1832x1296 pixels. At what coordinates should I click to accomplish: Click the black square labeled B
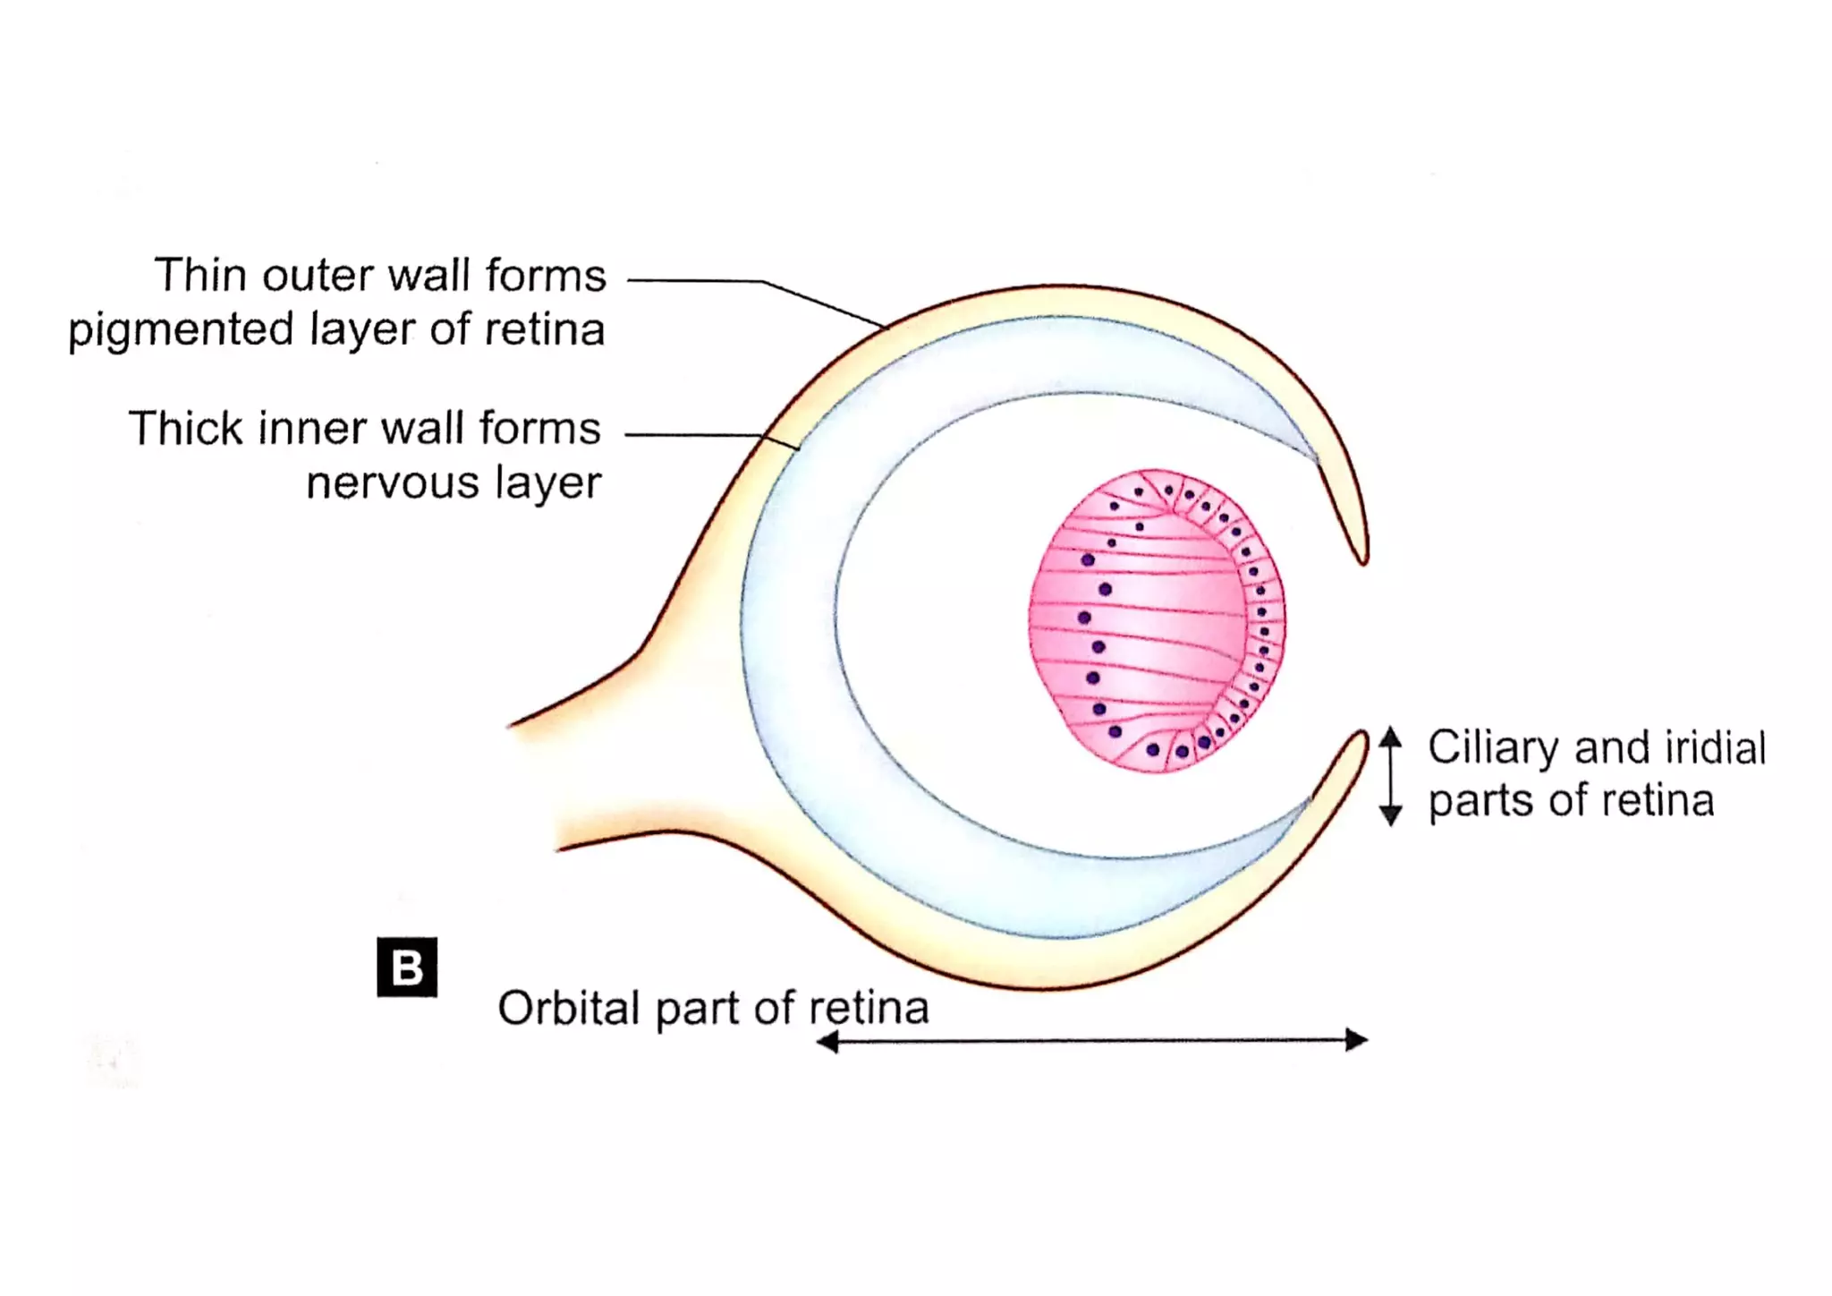pos(407,967)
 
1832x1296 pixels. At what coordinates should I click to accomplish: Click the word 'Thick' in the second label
pos(185,428)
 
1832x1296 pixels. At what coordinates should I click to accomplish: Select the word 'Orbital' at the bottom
pos(569,1009)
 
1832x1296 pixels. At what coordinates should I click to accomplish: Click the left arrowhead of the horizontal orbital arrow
pos(827,1041)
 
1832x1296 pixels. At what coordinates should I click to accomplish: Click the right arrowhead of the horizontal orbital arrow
pos(1358,1040)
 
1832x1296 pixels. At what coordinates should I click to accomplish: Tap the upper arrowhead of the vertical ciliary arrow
pos(1390,737)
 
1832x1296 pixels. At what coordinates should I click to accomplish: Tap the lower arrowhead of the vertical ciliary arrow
pos(1390,815)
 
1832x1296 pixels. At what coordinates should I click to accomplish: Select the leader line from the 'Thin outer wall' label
pos(760,281)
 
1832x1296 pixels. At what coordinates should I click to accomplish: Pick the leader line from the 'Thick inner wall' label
pos(698,435)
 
